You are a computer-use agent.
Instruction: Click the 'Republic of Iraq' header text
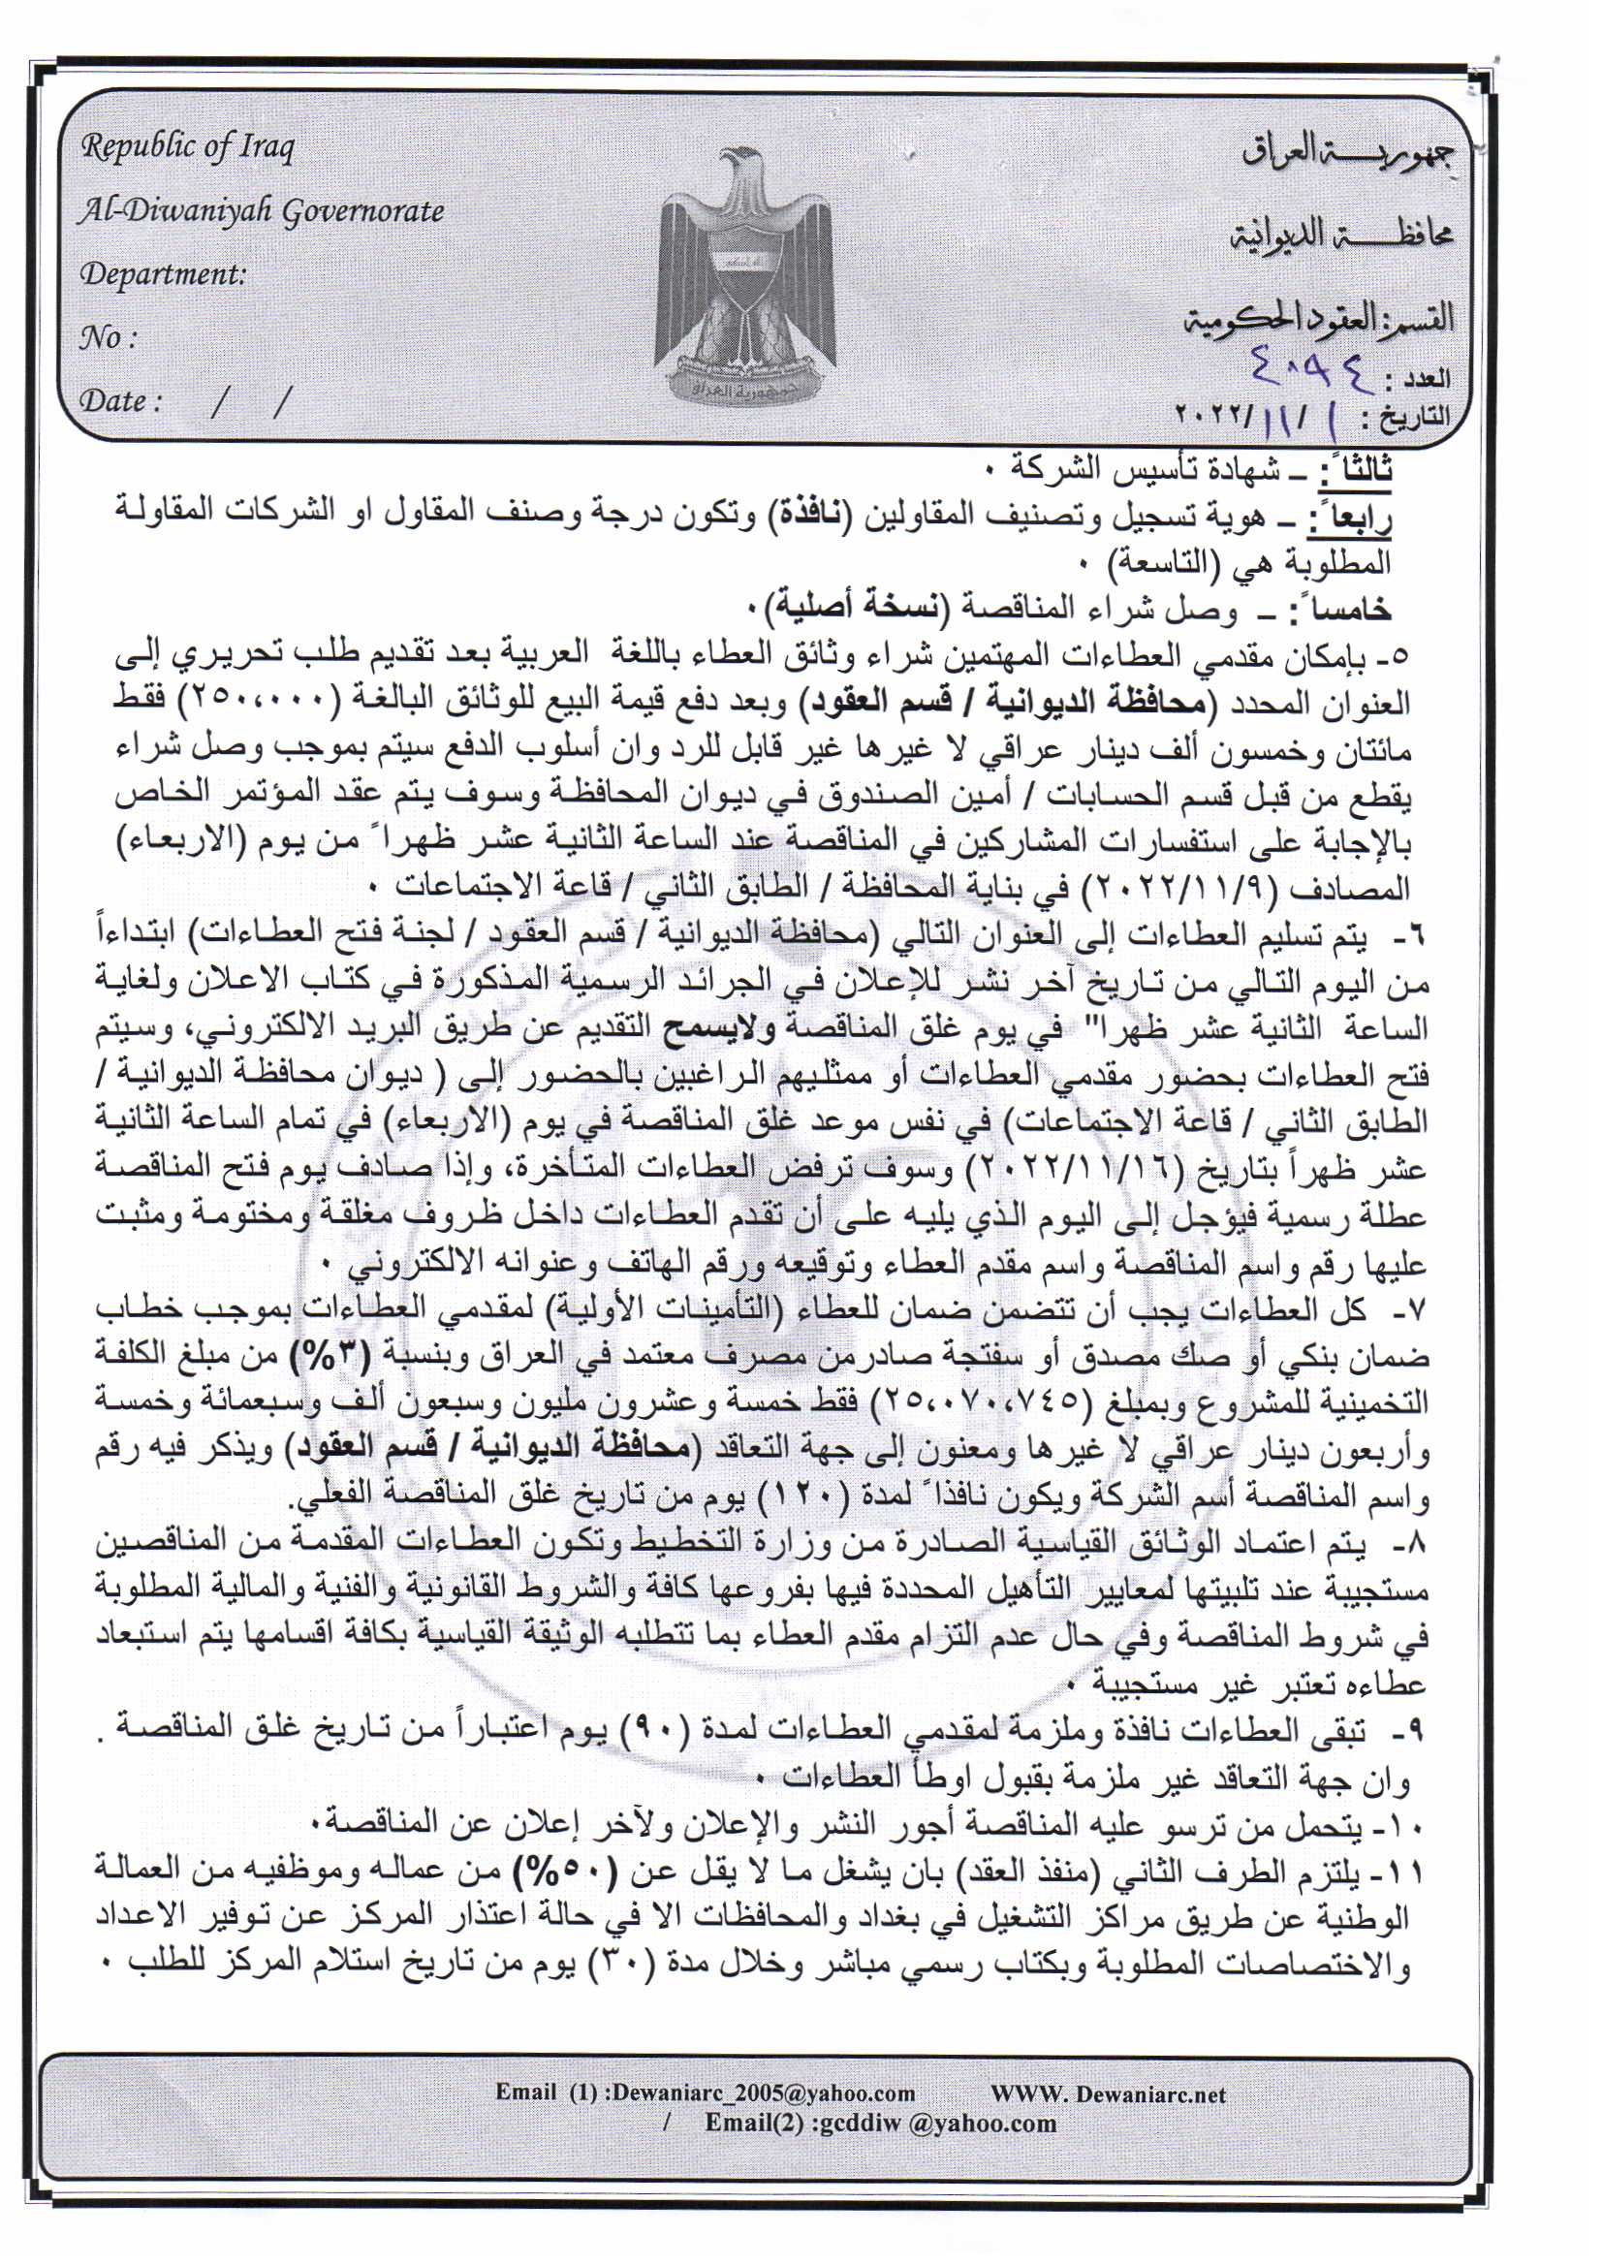coord(188,148)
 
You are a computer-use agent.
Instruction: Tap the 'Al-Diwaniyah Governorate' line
coord(262,211)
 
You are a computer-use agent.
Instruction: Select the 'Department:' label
coord(163,273)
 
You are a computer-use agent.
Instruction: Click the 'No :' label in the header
coord(108,338)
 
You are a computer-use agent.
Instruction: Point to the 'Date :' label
coord(119,400)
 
